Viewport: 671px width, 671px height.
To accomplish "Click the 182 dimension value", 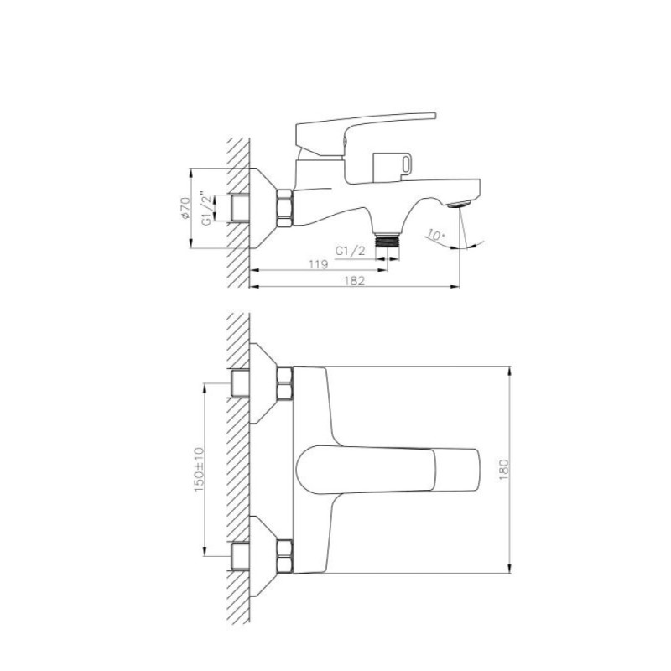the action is pyautogui.click(x=354, y=281).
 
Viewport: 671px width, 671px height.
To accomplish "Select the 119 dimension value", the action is pyautogui.click(x=319, y=264).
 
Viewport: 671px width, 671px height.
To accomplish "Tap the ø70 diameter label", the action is pyautogui.click(x=185, y=208).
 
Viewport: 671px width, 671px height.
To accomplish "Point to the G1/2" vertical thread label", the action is pyautogui.click(x=206, y=208).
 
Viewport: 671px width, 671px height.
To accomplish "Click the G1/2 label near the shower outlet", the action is pyautogui.click(x=350, y=251).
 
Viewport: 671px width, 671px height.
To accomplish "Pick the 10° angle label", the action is pyautogui.click(x=435, y=235).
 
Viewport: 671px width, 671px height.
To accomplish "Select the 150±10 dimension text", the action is pyautogui.click(x=199, y=470).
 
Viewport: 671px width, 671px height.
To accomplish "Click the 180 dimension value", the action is pyautogui.click(x=504, y=470).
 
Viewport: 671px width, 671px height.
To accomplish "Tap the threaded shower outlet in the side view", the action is pyautogui.click(x=388, y=240).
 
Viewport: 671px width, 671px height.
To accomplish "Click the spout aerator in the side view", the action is pyautogui.click(x=459, y=204).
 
